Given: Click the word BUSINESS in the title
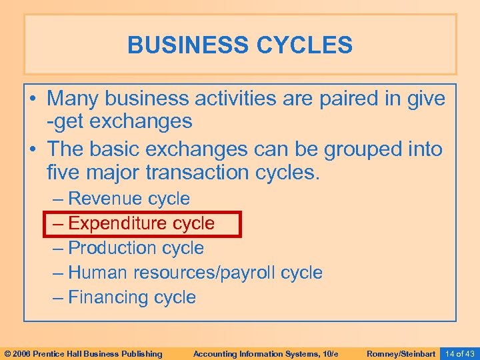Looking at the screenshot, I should pos(181,45).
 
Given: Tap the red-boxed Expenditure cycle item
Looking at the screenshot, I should pos(141,223).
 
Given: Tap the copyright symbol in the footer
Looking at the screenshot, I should pos(7,353).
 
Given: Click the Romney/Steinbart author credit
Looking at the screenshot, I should pos(401,353).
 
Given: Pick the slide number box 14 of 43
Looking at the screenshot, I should pos(459,353).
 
